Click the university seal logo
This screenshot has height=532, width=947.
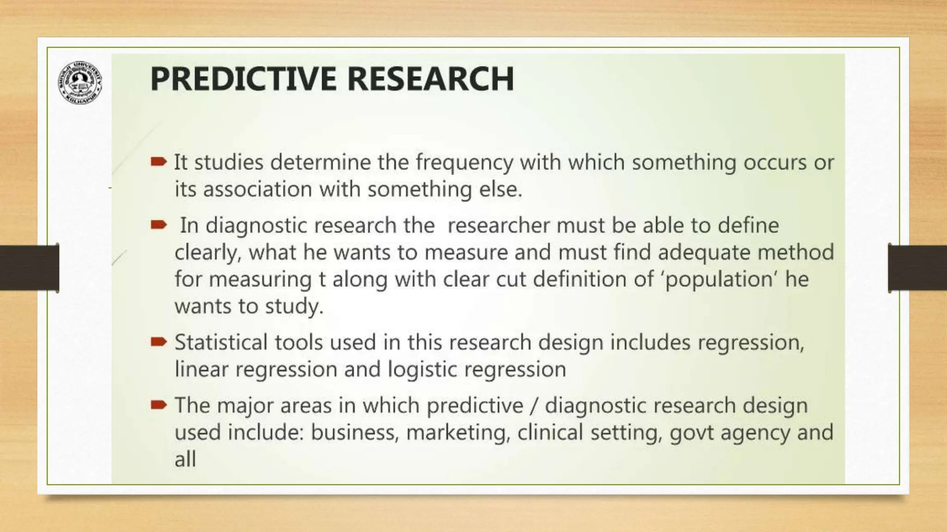click(80, 82)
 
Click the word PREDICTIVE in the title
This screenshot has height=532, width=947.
click(243, 79)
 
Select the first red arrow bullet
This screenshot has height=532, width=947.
click(158, 162)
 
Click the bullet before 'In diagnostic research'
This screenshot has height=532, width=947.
click(158, 225)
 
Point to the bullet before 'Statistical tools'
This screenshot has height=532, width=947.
click(158, 342)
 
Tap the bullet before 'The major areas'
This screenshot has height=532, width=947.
click(158, 405)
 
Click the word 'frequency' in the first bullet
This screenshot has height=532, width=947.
click(464, 163)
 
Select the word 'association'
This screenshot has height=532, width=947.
click(258, 189)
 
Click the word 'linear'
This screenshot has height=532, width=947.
click(201, 369)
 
